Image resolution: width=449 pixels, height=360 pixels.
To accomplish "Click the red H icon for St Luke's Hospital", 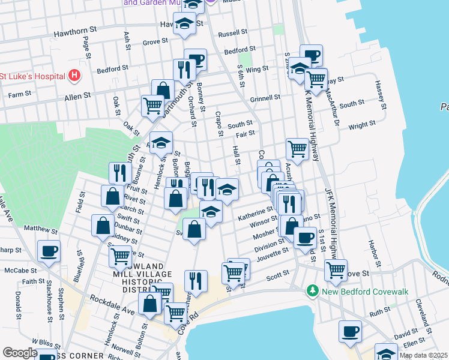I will point(74,76).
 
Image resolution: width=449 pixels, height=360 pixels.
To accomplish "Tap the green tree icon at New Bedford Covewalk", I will point(312,291).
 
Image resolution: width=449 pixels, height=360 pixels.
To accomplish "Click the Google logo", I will point(20,353).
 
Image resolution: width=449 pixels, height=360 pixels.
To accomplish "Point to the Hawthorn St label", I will point(75,30).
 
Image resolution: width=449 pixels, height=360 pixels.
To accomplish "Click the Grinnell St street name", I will point(265,97).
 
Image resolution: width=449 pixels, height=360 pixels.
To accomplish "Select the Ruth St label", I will point(379,311).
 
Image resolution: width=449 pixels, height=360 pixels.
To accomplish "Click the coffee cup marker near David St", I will point(350,331).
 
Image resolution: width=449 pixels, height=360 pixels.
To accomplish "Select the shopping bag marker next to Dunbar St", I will point(103,226).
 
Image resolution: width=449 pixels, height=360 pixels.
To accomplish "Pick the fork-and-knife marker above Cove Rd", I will point(196,280).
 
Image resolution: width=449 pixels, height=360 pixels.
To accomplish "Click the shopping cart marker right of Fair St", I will point(297,148).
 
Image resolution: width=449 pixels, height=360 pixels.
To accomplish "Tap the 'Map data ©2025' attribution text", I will point(423,355).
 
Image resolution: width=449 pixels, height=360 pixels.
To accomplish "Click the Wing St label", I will point(256,70).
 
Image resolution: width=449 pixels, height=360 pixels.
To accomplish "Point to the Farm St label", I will point(19,95).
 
